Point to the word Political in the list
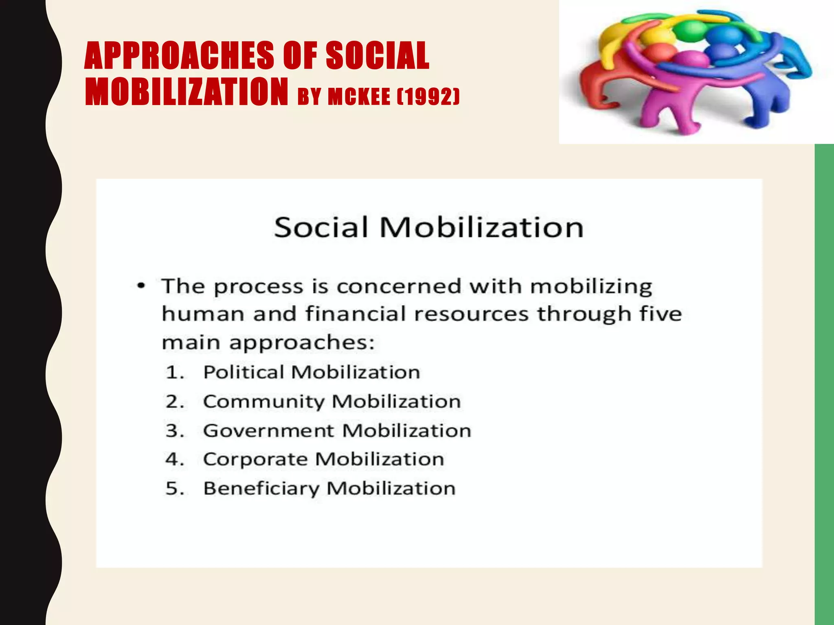pos(244,372)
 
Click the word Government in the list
pos(268,431)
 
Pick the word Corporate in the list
pos(255,459)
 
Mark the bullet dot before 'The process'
pos(141,286)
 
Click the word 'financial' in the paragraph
pos(356,314)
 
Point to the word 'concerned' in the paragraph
pos(399,286)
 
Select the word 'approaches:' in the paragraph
pos(302,343)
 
